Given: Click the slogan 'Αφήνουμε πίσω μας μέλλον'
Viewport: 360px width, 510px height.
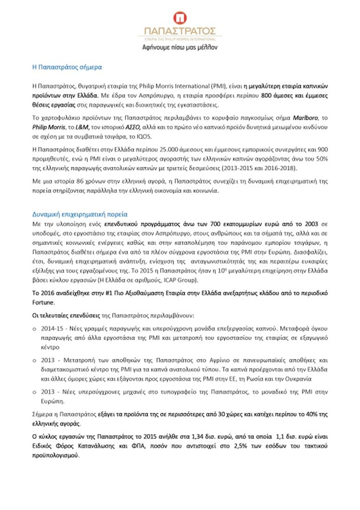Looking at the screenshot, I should click(180, 47).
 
